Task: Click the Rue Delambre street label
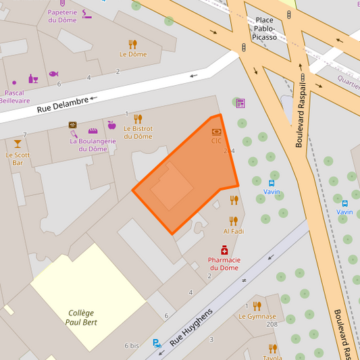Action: click(62, 105)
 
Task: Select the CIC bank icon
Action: click(216, 132)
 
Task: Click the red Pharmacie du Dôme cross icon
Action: click(224, 250)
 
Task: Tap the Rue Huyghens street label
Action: click(191, 328)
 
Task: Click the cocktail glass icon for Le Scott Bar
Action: click(18, 144)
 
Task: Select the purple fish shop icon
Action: click(53, 74)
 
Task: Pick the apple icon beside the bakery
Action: click(111, 125)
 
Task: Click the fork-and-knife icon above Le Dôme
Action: click(132, 45)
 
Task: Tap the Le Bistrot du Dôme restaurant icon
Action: click(138, 119)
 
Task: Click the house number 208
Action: click(272, 325)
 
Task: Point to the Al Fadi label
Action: click(233, 231)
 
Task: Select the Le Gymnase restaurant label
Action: click(257, 316)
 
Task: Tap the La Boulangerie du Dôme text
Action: click(93, 145)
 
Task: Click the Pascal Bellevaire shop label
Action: click(15, 97)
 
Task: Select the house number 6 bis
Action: click(132, 345)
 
